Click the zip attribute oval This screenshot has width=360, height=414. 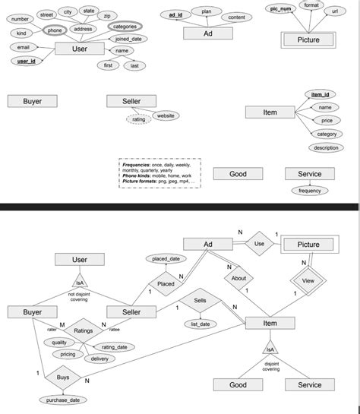(107, 15)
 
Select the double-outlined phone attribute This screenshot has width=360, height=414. (55, 30)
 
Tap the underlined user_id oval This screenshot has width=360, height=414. (27, 61)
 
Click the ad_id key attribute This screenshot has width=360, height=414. (175, 15)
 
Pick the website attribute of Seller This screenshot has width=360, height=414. (166, 115)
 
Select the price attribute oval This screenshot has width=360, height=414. (326, 121)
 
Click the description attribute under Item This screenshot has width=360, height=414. (326, 147)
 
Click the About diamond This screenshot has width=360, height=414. (238, 278)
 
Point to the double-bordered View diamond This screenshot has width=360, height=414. (308, 280)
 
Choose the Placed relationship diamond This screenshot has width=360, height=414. (166, 283)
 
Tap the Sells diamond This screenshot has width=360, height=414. (199, 301)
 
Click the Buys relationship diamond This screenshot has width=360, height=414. (62, 376)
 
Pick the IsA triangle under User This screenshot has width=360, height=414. (79, 283)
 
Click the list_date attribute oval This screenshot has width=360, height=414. (201, 324)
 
